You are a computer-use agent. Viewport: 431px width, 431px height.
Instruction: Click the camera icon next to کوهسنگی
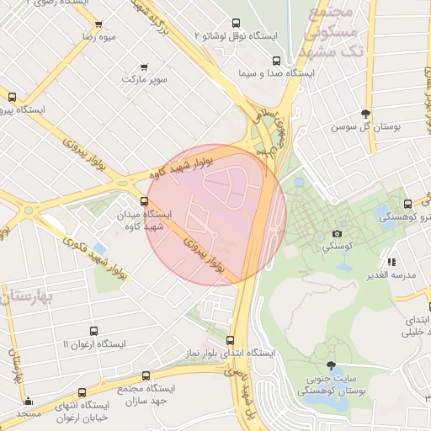338,233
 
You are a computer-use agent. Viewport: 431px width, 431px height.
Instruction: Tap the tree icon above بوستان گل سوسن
364,114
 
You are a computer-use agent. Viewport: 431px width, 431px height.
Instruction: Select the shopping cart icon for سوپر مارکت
145,67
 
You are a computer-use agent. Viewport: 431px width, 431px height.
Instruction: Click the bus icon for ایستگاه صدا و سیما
277,61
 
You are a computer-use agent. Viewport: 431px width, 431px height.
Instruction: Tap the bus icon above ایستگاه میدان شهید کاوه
145,202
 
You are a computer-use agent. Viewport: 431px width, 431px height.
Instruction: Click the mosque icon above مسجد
28,401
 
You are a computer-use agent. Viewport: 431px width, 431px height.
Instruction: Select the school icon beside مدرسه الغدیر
391,261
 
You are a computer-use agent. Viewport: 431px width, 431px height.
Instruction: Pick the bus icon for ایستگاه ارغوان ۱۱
93,332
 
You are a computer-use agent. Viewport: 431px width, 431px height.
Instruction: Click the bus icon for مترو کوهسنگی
407,204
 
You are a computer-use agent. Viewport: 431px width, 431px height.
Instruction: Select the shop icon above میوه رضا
98,24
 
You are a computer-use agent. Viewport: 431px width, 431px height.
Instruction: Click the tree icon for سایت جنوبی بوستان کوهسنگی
331,366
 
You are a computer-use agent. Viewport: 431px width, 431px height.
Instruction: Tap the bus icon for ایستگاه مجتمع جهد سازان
146,375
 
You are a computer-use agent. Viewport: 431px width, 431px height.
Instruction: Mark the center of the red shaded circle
216,215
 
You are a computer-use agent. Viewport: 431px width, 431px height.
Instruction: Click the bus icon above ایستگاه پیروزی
13,97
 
